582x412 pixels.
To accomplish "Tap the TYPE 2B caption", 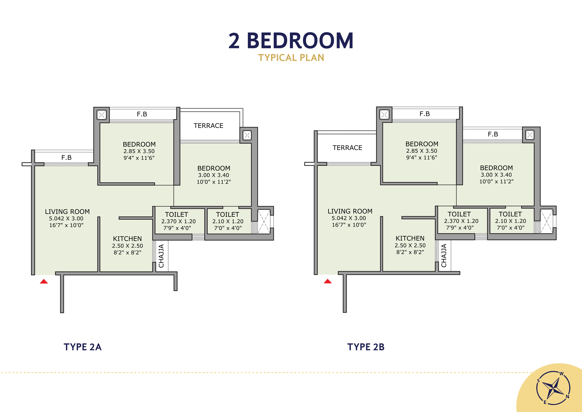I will [366, 347].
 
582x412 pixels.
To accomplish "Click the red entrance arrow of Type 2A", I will [44, 281].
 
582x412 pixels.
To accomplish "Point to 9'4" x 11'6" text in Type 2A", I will [139, 158].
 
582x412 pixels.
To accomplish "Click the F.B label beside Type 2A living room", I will [66, 158].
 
